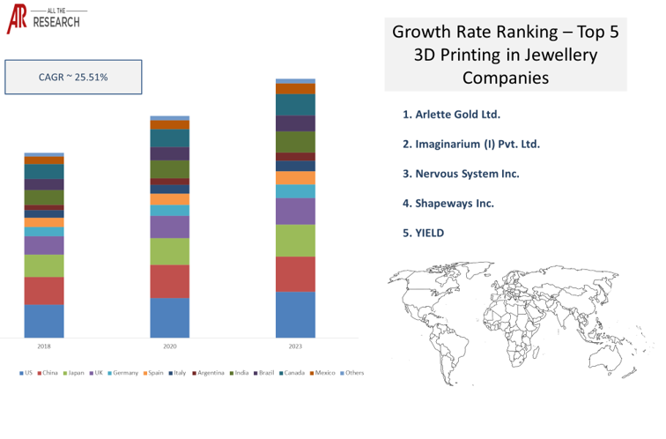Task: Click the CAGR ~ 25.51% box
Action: click(x=73, y=77)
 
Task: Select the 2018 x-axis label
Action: click(x=43, y=346)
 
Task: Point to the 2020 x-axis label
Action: click(x=169, y=346)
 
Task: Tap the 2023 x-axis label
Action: click(x=295, y=346)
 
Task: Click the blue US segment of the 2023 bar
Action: click(x=295, y=315)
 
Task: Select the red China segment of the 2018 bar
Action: click(x=43, y=291)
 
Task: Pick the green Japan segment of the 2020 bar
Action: click(x=169, y=251)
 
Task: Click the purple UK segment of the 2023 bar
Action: click(x=295, y=212)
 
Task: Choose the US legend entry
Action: click(x=26, y=373)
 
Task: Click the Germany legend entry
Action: click(x=122, y=373)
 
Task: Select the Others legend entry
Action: click(x=351, y=373)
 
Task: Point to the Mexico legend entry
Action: click(x=322, y=373)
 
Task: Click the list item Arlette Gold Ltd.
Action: click(x=451, y=115)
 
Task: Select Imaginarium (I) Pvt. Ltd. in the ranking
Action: click(x=470, y=144)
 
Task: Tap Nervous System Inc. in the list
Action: click(x=461, y=174)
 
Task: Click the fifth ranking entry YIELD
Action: click(x=423, y=233)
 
